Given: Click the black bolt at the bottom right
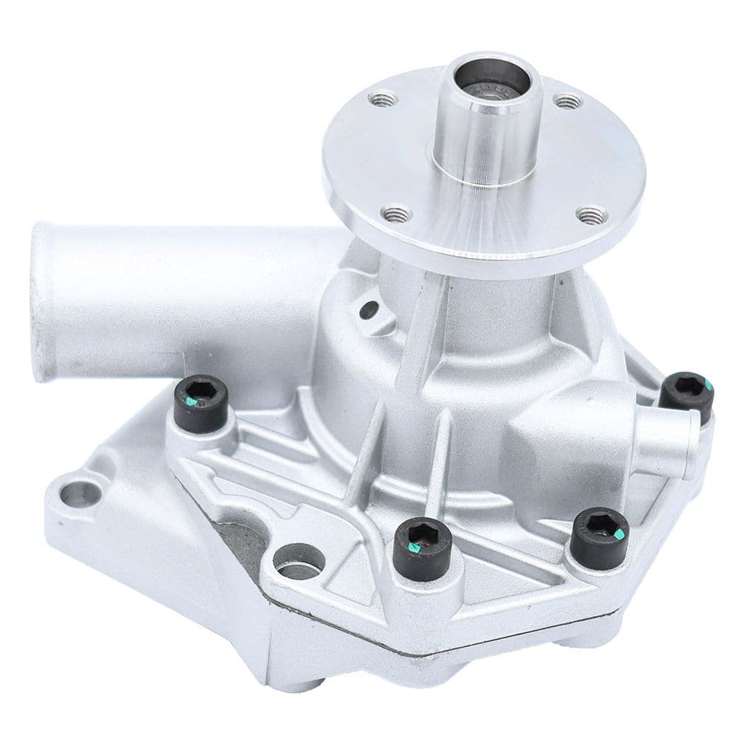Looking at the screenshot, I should [x=600, y=533].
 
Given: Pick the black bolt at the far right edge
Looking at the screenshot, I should [x=686, y=393].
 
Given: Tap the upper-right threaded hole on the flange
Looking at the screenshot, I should [x=568, y=100].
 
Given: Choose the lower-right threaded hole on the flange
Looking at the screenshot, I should [x=591, y=216].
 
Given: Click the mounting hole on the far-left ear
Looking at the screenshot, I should [x=79, y=491].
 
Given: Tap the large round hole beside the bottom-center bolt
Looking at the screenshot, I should [x=298, y=562].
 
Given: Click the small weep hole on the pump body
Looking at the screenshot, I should [x=367, y=310].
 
